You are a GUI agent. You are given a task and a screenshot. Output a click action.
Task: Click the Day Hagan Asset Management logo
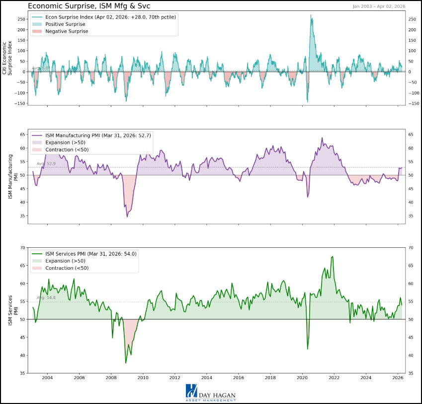tap(211, 393)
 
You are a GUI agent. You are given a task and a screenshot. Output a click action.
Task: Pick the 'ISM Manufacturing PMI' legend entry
tap(98, 135)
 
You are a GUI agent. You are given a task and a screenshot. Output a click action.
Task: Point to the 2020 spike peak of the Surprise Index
tap(311, 15)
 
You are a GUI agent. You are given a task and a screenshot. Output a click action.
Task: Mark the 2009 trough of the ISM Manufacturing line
tap(127, 216)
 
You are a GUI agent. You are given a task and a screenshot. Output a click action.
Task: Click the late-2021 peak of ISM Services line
tap(332, 257)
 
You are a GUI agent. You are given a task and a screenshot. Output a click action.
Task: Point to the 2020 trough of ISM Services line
tap(308, 349)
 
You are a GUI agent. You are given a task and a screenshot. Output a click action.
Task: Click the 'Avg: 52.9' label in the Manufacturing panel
tap(46, 163)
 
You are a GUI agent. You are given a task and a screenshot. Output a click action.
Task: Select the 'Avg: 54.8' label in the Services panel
tap(46, 298)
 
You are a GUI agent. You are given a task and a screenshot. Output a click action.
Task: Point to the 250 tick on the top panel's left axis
tap(21, 19)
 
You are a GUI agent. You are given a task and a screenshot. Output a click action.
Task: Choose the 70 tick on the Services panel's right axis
tap(411, 247)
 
